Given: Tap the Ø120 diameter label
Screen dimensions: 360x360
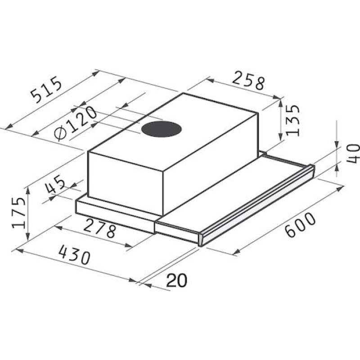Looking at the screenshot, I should pyautogui.click(x=75, y=123).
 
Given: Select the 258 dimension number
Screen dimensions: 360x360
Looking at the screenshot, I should pyautogui.click(x=247, y=81).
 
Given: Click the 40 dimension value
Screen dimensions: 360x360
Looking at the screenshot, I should pyautogui.click(x=353, y=153).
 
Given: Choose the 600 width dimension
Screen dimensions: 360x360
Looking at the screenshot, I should pyautogui.click(x=300, y=225).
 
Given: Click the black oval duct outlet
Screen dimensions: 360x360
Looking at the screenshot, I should pyautogui.click(x=161, y=129).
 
